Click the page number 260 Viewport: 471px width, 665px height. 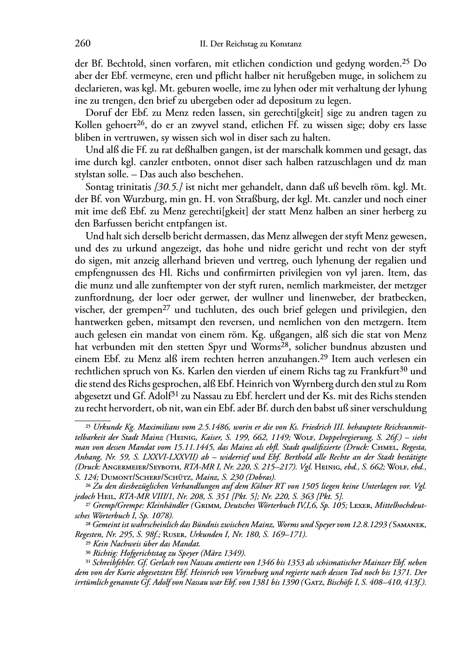point(83,44)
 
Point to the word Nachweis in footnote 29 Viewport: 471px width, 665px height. point(123,544)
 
